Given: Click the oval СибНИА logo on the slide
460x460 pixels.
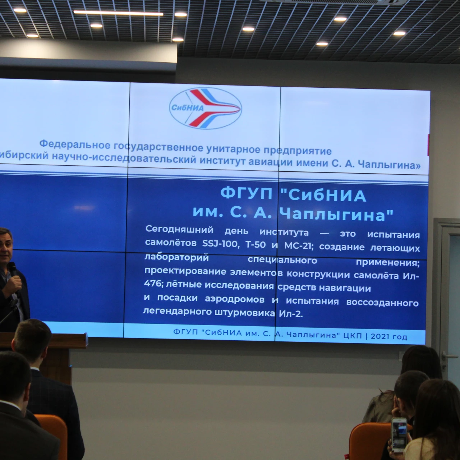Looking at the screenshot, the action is [x=205, y=108].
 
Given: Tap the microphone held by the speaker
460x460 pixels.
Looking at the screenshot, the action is [x=13, y=275].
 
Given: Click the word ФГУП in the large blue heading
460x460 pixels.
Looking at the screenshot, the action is [x=246, y=193].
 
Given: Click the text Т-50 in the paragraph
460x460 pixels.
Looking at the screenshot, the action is [x=256, y=245].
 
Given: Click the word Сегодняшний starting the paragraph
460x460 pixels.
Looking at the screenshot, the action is [x=179, y=230].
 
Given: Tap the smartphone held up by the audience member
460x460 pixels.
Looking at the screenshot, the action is [x=399, y=435].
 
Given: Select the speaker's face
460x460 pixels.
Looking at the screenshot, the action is [x=5, y=246].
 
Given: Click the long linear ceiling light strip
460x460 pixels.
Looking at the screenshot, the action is [x=118, y=13].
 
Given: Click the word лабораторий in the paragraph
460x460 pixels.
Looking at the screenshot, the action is [x=176, y=258].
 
